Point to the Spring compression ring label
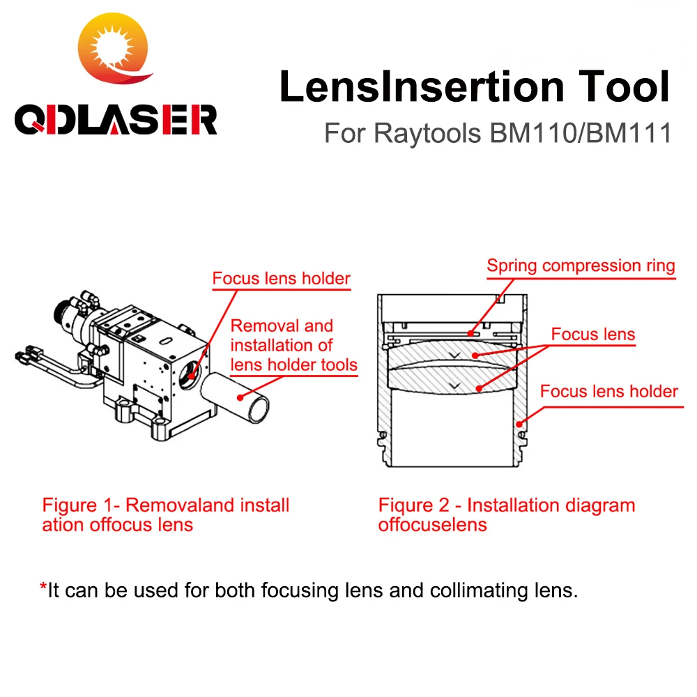coord(581,266)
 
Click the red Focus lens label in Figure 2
coord(593,334)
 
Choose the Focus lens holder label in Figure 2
coord(608,391)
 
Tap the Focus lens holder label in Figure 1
coord(281,279)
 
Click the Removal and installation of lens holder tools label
coord(293,344)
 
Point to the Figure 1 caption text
coord(165,514)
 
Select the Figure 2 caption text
coord(506,514)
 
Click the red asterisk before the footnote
coord(43,590)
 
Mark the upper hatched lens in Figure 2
coord(454,355)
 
